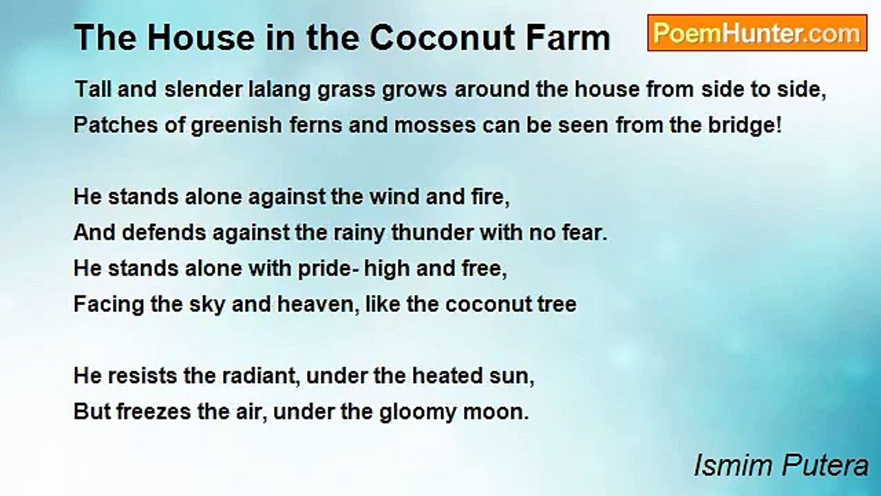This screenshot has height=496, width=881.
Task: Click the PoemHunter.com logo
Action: [x=756, y=33]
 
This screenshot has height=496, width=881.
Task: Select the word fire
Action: [x=492, y=197]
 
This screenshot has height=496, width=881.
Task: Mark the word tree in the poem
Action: [x=557, y=304]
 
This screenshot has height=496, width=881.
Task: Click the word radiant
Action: [x=265, y=376]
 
